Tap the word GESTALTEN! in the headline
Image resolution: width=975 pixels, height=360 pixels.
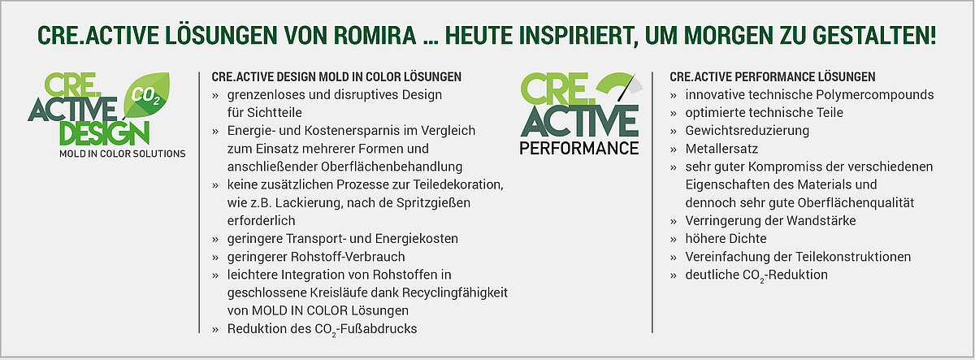pyautogui.click(x=874, y=35)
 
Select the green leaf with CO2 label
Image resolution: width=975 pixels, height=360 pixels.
pyautogui.click(x=146, y=95)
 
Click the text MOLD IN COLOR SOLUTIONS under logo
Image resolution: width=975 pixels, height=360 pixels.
pyautogui.click(x=123, y=154)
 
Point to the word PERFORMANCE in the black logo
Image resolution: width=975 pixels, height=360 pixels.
pyautogui.click(x=578, y=149)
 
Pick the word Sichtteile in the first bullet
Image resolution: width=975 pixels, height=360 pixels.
pyautogui.click(x=275, y=113)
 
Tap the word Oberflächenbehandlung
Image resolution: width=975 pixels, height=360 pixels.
pyautogui.click(x=392, y=167)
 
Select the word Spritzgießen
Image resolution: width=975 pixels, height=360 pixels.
pyautogui.click(x=433, y=203)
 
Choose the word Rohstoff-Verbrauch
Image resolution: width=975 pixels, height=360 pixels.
pyautogui.click(x=348, y=257)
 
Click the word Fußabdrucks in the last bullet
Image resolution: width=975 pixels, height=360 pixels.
pyautogui.click(x=379, y=328)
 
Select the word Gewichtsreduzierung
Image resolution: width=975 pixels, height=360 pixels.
pyautogui.click(x=747, y=131)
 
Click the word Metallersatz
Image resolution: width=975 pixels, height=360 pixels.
pyautogui.click(x=721, y=149)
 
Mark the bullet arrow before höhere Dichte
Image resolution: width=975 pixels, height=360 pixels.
pyautogui.click(x=674, y=240)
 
